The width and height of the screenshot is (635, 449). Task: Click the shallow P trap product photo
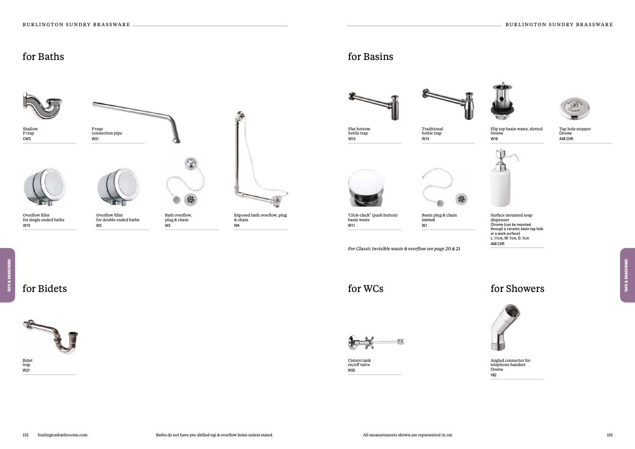[43, 105]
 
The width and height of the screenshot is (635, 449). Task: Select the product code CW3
[27, 139]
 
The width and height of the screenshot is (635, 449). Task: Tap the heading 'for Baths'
[44, 57]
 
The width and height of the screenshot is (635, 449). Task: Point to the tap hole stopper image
[575, 109]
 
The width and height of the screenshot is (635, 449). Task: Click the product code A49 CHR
[566, 139]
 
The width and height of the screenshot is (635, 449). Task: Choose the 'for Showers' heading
[517, 289]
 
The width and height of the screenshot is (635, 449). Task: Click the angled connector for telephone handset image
[506, 328]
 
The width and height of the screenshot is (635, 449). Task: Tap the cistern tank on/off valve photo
[376, 342]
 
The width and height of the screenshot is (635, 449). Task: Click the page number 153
[610, 435]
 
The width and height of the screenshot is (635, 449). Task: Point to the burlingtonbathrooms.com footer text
[62, 435]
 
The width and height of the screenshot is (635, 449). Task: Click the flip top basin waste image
[502, 102]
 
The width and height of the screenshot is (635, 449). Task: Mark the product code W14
[425, 139]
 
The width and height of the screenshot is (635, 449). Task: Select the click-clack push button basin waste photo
[366, 188]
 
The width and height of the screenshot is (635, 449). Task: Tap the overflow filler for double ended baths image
[118, 187]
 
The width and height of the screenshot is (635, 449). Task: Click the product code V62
[493, 375]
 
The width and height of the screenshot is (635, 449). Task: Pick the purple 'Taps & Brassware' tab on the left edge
[7, 275]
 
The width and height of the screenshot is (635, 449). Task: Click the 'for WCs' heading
[366, 289]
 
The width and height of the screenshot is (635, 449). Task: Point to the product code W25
[351, 370]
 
